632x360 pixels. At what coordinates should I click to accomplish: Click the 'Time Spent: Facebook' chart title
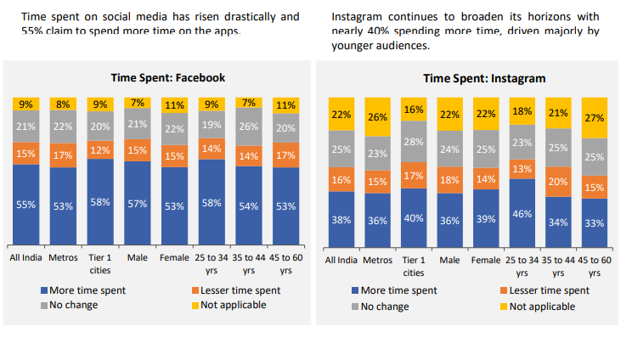[x=161, y=77]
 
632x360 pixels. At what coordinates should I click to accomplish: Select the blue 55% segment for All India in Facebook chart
[x=26, y=205]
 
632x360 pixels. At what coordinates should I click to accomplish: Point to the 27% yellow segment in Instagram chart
[x=595, y=118]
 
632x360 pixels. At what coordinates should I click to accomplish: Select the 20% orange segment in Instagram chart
[x=558, y=182]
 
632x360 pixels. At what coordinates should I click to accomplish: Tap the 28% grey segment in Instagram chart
[x=413, y=141]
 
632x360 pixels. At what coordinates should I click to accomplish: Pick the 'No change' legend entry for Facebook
[x=72, y=305]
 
